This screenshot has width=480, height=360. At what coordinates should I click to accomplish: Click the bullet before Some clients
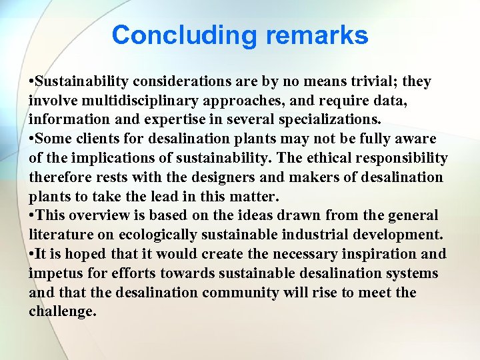tap(31, 139)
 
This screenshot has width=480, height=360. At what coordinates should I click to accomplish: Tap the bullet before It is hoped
tap(31, 254)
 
